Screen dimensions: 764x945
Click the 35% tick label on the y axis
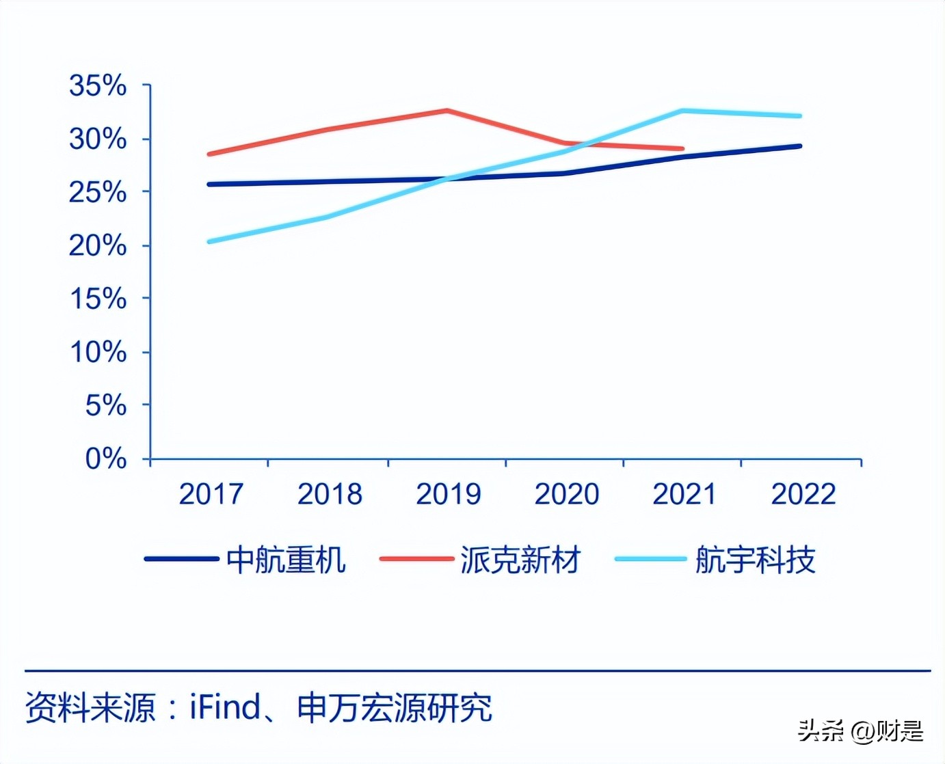(x=98, y=85)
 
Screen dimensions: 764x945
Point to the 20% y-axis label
(x=98, y=245)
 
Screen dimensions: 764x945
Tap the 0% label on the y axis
(x=106, y=458)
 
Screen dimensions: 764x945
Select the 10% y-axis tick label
(x=98, y=352)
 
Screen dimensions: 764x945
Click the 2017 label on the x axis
(x=211, y=494)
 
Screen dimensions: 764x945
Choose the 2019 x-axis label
(x=448, y=494)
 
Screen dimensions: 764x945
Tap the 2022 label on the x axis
(x=803, y=494)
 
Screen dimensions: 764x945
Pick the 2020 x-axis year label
(x=566, y=494)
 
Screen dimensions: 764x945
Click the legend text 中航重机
(x=286, y=560)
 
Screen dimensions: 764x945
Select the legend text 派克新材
(x=520, y=560)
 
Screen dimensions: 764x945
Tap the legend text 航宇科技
(x=755, y=560)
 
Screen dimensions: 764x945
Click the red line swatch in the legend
(x=416, y=559)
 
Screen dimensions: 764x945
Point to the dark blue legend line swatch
(x=181, y=559)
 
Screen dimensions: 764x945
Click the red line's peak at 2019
(x=447, y=110)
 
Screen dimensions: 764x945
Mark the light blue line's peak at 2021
(x=682, y=110)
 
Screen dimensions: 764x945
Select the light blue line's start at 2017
(x=209, y=241)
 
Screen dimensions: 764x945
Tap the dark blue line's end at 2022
(x=799, y=146)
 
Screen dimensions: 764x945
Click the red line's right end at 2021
(x=682, y=148)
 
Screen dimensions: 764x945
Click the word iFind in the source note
(x=225, y=707)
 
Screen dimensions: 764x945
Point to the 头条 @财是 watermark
(x=860, y=731)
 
